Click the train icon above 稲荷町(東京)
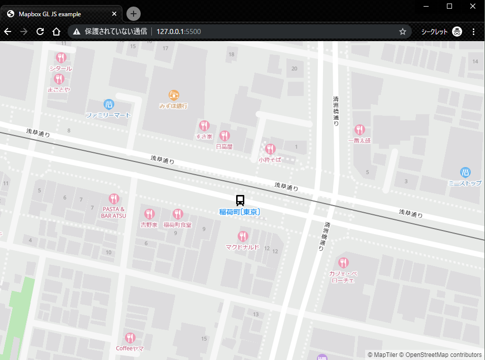240,200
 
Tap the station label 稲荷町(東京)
240,212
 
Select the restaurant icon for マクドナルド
243,237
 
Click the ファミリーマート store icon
109,105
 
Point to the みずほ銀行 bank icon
174,95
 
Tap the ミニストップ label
465,183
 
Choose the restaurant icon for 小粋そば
270,149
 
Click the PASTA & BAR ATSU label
114,212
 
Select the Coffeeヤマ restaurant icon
130,338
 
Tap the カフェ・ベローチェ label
343,277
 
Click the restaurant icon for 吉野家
149,214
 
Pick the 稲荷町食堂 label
177,225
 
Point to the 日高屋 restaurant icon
224,136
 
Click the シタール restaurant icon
61,57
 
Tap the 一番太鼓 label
360,141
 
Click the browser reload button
40,31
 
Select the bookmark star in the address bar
403,31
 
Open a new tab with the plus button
134,14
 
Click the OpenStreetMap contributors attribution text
443,355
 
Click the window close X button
473,6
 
